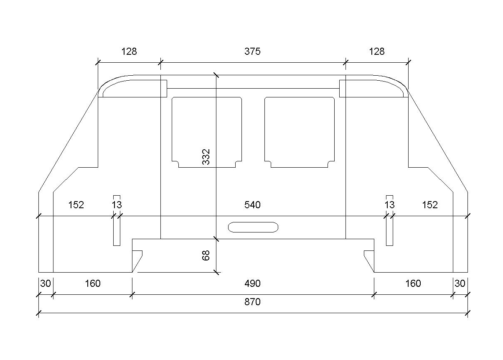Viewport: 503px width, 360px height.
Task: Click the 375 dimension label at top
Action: click(x=252, y=51)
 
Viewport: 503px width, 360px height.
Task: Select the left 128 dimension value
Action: click(x=129, y=51)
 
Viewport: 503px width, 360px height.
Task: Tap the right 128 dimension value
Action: click(x=377, y=51)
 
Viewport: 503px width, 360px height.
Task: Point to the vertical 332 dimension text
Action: click(x=206, y=157)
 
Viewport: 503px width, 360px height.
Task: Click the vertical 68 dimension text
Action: click(x=206, y=255)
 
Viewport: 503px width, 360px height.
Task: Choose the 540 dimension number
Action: click(x=252, y=205)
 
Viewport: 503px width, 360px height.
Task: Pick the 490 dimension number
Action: click(x=252, y=283)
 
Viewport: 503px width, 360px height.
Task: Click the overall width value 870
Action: click(x=252, y=302)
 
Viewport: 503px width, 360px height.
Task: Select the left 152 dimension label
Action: click(x=76, y=205)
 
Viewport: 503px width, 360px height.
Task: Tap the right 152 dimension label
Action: click(x=430, y=205)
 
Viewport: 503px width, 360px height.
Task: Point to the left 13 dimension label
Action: click(x=117, y=205)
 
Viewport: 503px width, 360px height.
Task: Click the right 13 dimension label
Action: click(x=390, y=205)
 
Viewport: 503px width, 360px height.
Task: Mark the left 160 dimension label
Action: click(x=93, y=283)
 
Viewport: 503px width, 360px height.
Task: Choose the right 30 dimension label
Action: click(x=460, y=283)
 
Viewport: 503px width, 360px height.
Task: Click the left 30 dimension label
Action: click(x=46, y=283)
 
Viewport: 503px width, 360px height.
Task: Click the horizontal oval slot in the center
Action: click(x=253, y=227)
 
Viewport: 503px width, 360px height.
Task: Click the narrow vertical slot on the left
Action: click(x=117, y=231)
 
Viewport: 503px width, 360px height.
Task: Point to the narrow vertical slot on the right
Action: click(x=390, y=231)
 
